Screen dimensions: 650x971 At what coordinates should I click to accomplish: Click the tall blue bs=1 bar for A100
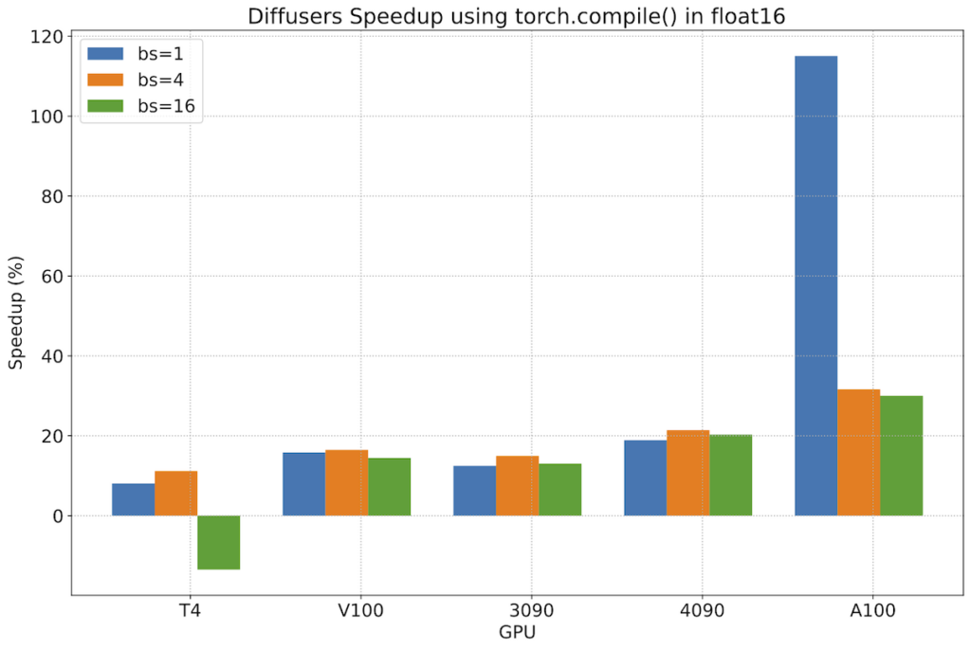815,284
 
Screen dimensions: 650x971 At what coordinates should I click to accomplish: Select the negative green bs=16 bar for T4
218,542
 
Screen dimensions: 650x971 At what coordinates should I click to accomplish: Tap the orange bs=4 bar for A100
858,453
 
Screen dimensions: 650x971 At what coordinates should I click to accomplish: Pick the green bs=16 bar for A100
901,456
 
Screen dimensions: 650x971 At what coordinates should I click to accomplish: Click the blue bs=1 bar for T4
133,499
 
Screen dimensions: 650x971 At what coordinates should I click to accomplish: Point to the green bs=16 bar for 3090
559,489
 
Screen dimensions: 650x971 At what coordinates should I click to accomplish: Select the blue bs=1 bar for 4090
645,478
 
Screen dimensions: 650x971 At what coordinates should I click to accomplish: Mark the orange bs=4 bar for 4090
687,473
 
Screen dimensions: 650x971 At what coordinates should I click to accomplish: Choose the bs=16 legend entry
147,106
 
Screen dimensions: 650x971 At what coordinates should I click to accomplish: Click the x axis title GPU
517,630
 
